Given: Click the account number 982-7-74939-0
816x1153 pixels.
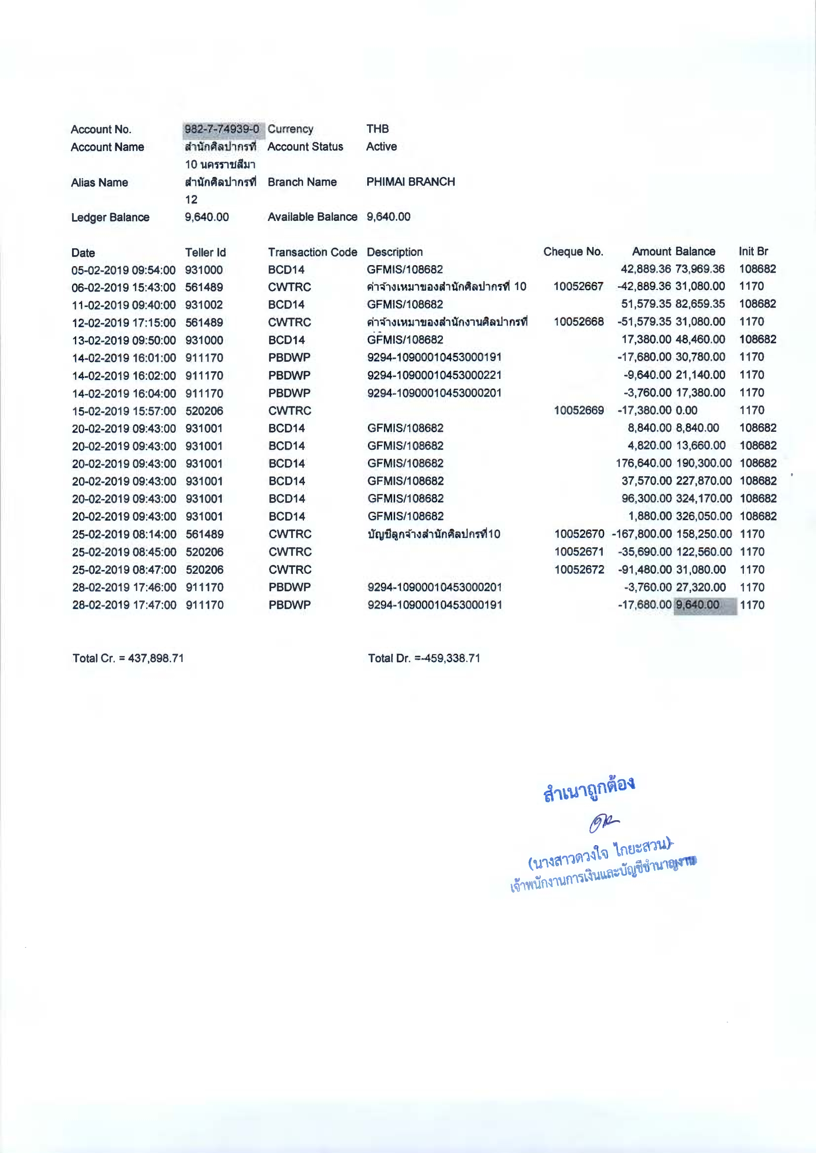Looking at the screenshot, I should coord(221,129).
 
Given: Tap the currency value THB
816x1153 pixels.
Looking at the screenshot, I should coord(377,129).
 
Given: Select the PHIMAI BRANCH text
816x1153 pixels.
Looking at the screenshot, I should coord(411,182).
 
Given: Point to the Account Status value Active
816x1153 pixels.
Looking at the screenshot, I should coord(381,147).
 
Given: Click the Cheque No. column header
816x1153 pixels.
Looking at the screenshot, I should coord(573,252).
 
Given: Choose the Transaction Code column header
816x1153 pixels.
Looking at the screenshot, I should coord(312,252).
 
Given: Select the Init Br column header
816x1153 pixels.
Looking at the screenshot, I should coord(753,251).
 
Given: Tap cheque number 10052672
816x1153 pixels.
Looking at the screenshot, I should coord(579,570).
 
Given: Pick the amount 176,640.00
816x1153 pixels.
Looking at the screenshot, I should coord(643,463).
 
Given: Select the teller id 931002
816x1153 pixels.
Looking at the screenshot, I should coord(204,305).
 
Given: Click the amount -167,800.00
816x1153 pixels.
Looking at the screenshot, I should coord(642,534).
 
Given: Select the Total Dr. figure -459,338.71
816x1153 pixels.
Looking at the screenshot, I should coord(447,658).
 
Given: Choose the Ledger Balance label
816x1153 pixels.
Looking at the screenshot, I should coord(110,217).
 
